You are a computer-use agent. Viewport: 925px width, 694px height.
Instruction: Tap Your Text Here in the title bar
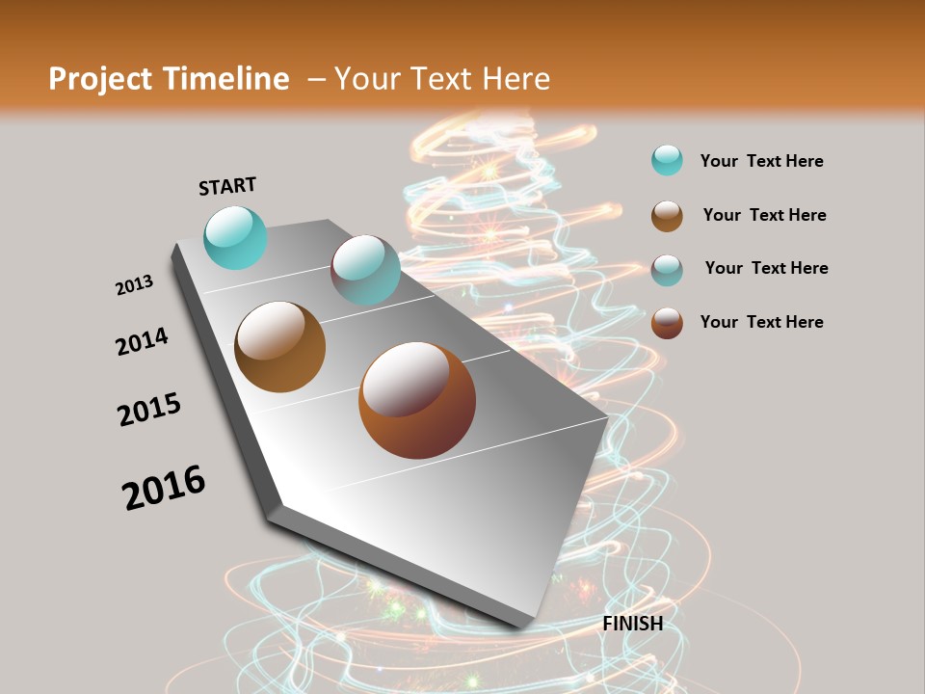pyautogui.click(x=441, y=79)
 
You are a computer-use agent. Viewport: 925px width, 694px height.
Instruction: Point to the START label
pyautogui.click(x=227, y=186)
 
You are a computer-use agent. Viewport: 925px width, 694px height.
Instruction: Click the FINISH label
pyautogui.click(x=632, y=624)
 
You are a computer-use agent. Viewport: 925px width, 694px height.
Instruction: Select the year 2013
pyautogui.click(x=134, y=285)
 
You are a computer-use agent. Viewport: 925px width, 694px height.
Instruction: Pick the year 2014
pyautogui.click(x=142, y=341)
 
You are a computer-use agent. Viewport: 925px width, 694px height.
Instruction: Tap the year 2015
pyautogui.click(x=149, y=410)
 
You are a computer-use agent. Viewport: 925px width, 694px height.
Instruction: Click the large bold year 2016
pyautogui.click(x=164, y=488)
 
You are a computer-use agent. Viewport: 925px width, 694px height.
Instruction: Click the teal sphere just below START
pyautogui.click(x=235, y=237)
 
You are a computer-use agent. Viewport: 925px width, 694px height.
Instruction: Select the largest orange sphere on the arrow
pyautogui.click(x=417, y=400)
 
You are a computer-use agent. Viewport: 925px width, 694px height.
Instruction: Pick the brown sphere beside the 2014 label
pyautogui.click(x=279, y=347)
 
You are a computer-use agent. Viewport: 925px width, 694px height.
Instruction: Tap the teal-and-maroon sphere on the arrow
pyautogui.click(x=365, y=270)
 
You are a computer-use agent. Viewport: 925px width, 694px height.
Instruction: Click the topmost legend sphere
pyautogui.click(x=667, y=160)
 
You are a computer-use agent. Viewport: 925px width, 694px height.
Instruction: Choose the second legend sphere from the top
pyautogui.click(x=667, y=216)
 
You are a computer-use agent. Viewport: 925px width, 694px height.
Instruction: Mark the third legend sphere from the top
pyautogui.click(x=667, y=270)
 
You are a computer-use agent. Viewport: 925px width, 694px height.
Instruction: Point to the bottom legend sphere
pyautogui.click(x=667, y=323)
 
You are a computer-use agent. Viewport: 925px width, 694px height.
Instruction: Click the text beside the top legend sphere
pyautogui.click(x=761, y=161)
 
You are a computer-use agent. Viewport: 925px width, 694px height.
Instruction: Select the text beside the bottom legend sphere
pyautogui.click(x=761, y=322)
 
